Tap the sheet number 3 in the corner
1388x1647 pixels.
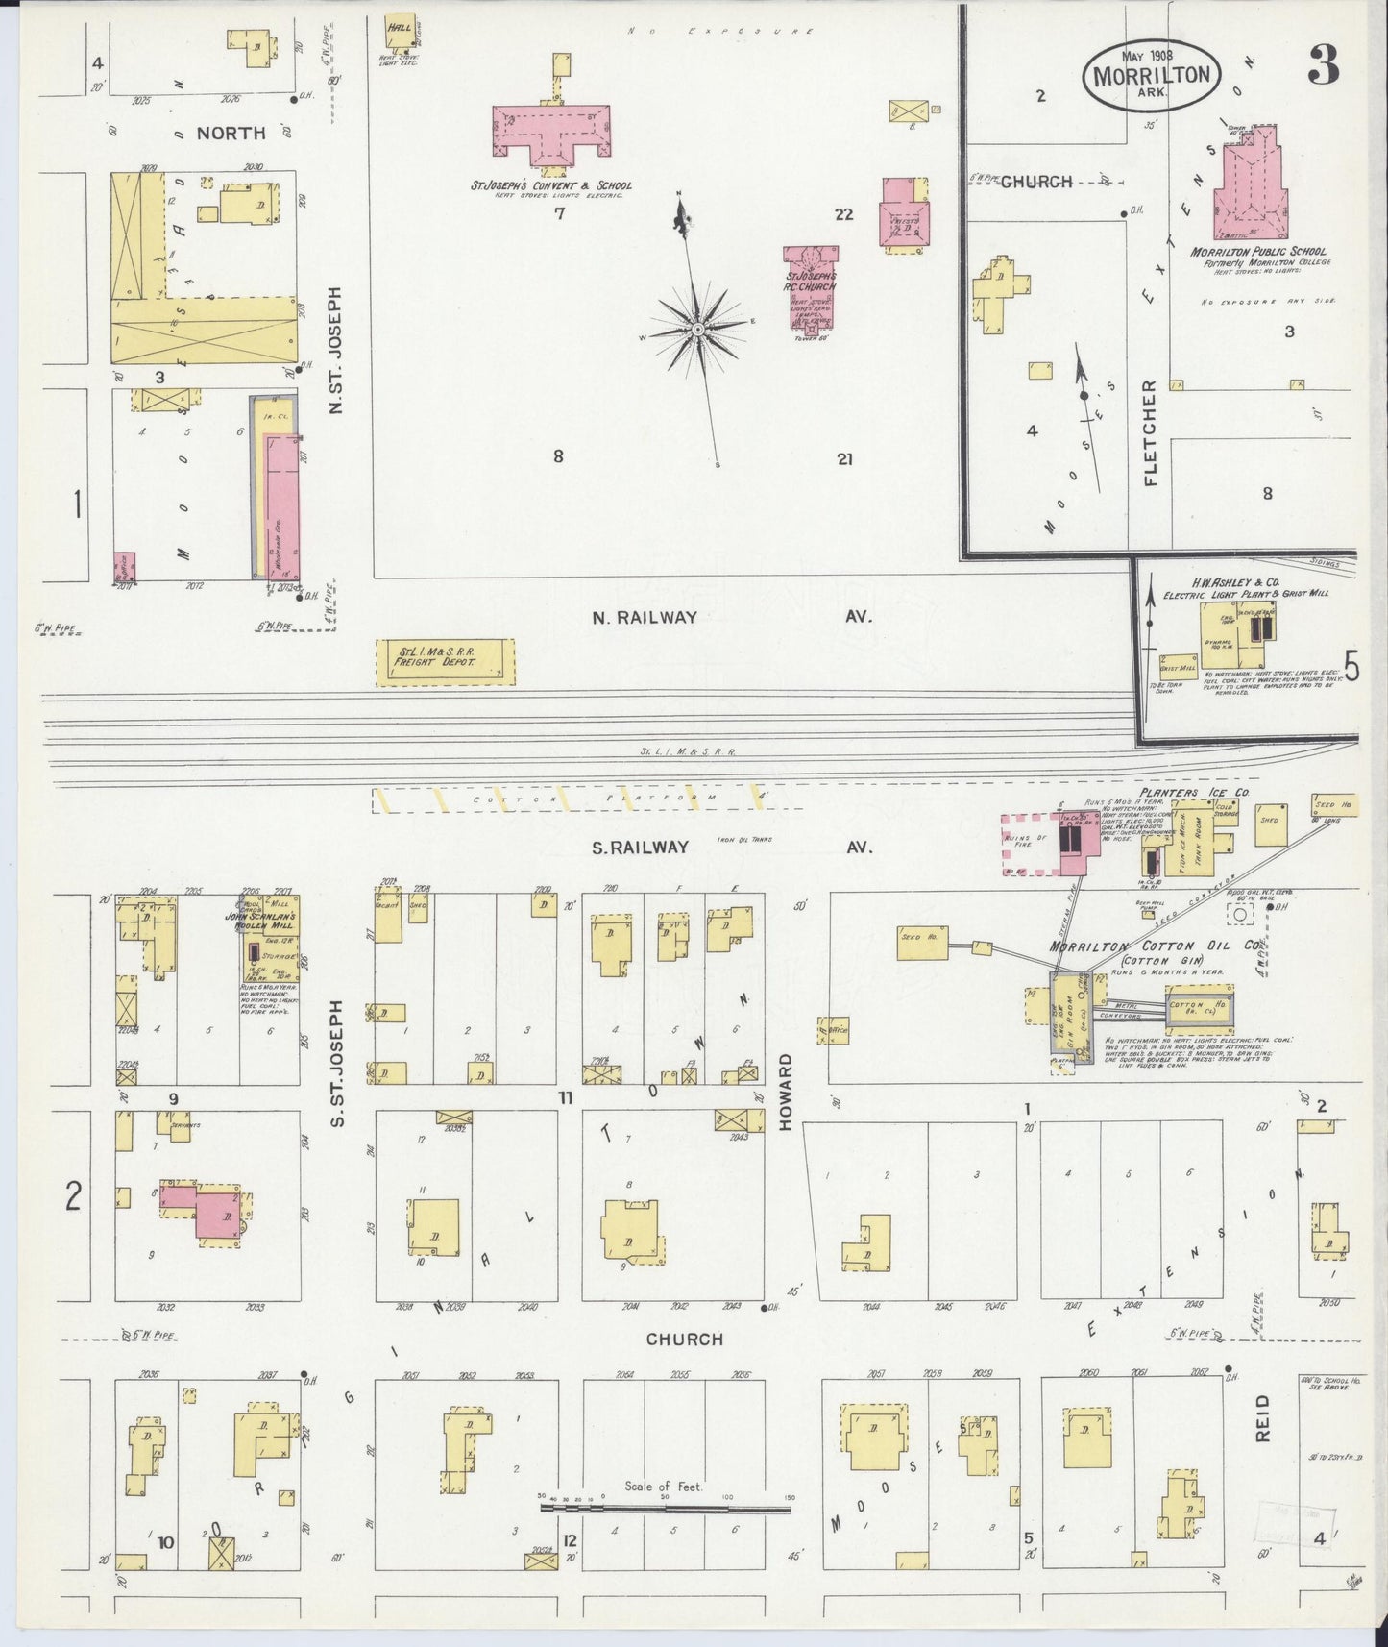click(1323, 65)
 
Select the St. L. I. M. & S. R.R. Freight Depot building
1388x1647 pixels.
click(444, 662)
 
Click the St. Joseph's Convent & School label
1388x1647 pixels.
click(550, 185)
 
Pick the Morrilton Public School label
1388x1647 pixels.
click(1258, 252)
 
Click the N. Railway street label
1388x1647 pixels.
click(644, 618)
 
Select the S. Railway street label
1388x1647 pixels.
click(640, 847)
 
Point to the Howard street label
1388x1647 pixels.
click(785, 1092)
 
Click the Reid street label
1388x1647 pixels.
click(1262, 1416)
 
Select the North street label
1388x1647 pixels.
click(231, 134)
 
